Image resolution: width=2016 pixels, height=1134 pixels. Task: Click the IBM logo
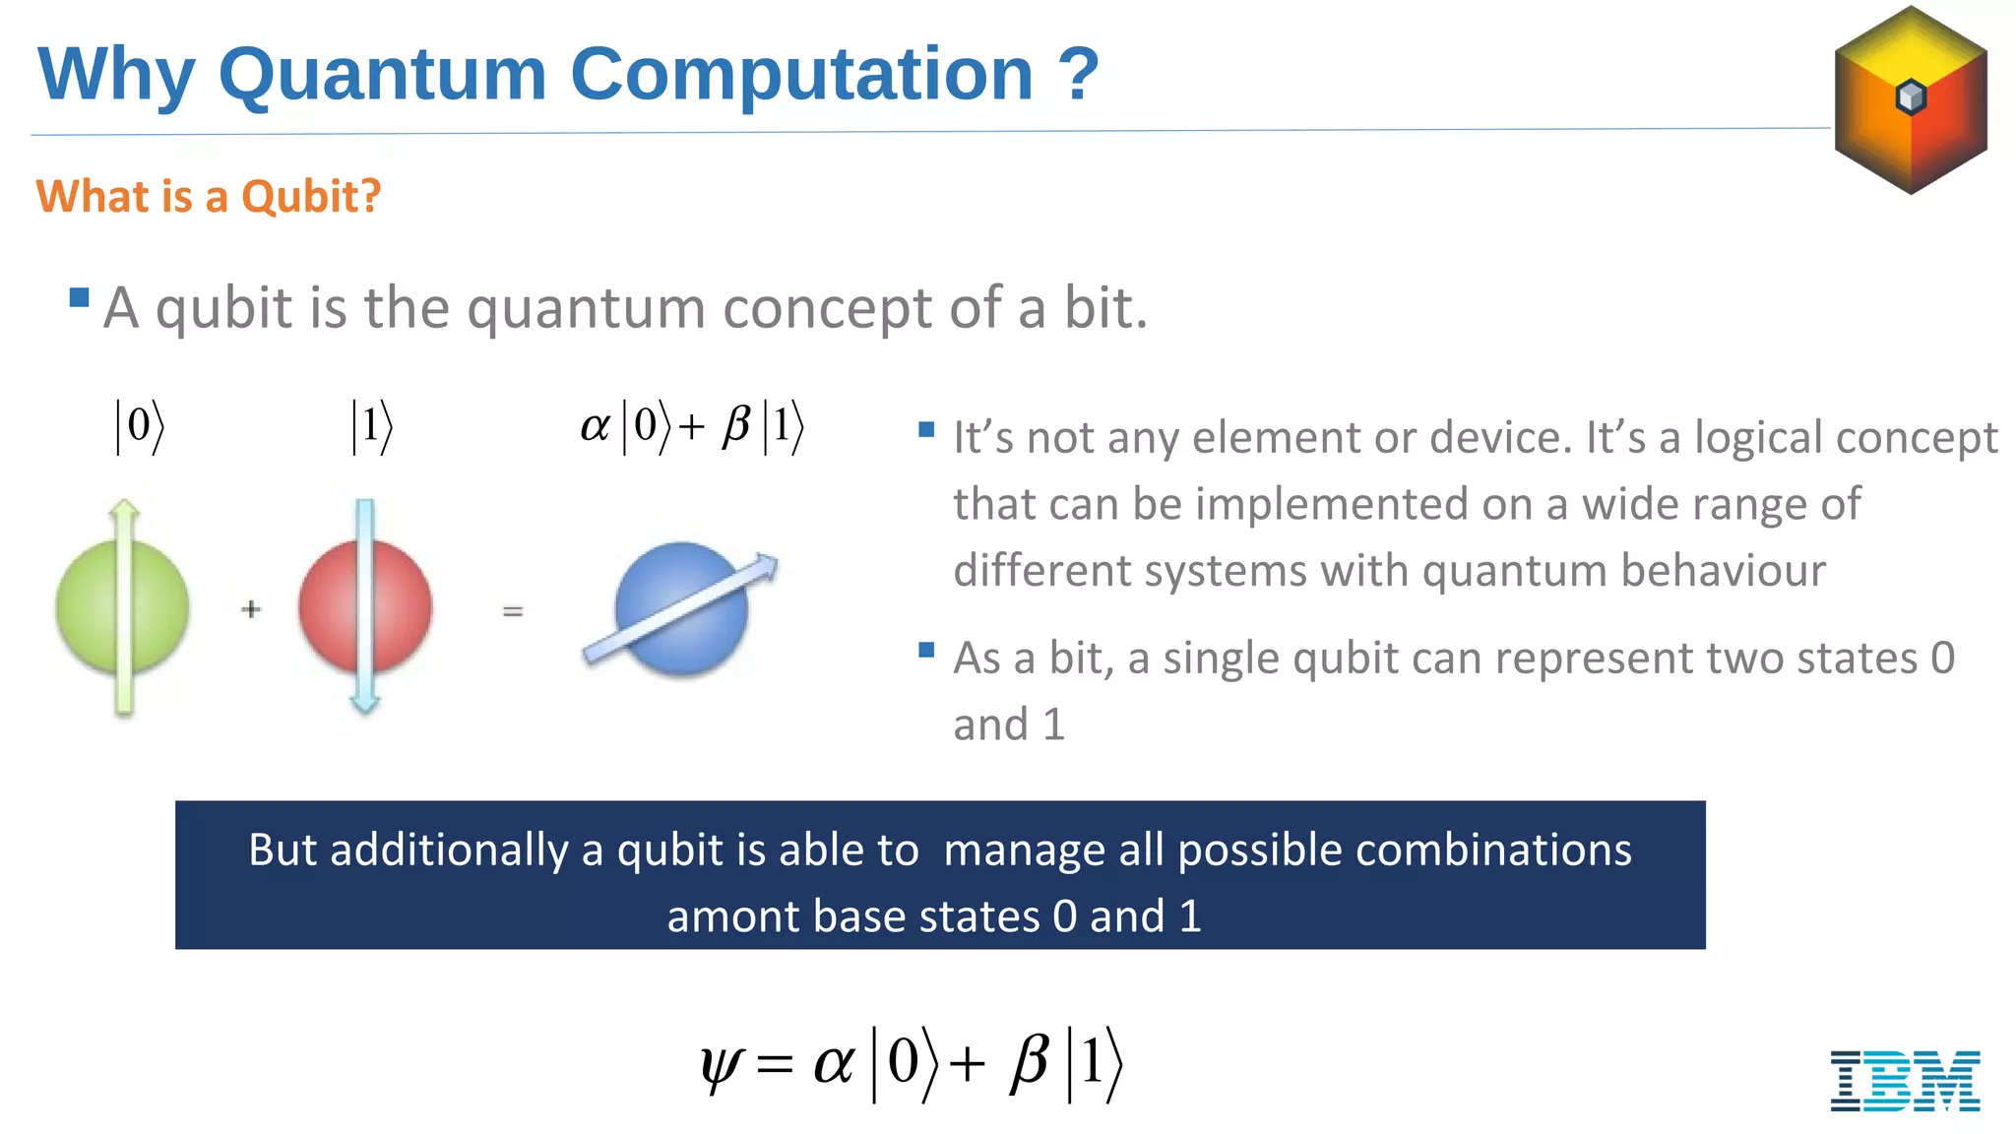click(x=1905, y=1081)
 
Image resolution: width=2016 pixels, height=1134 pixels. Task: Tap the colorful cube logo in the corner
click(x=1911, y=99)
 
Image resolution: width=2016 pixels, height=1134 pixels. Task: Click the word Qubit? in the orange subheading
click(x=310, y=197)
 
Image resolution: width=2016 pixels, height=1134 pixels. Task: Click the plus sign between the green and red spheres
click(x=251, y=609)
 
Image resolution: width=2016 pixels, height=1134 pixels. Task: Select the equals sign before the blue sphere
click(x=512, y=611)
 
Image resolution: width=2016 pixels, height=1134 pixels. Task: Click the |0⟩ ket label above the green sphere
click(x=140, y=426)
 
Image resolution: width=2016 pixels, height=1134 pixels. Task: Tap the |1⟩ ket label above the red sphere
click(x=372, y=426)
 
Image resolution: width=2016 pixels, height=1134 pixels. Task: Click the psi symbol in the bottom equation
click(x=721, y=1066)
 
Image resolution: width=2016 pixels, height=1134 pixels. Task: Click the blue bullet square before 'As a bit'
click(x=925, y=650)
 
